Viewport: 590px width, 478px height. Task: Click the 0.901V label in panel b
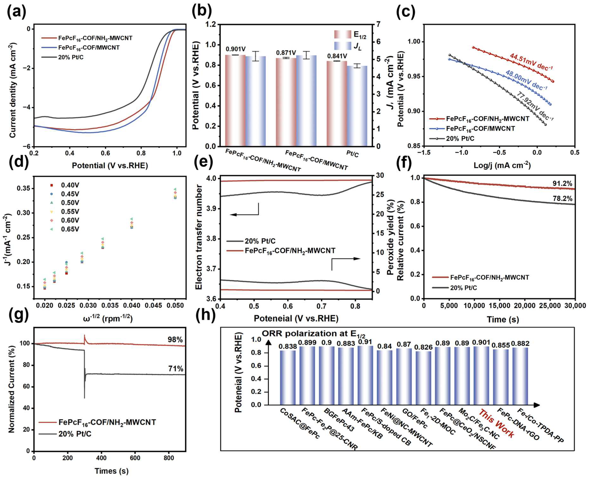(x=236, y=49)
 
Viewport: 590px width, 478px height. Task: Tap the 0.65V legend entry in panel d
(x=66, y=229)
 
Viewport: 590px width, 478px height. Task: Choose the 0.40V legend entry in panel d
(x=66, y=185)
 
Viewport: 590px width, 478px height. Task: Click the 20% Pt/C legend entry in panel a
(x=62, y=58)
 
